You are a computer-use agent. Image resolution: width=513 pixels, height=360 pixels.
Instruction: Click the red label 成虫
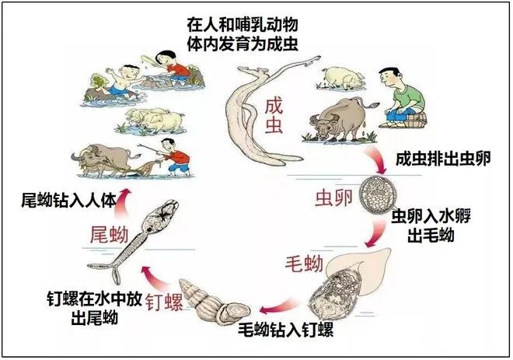pyautogui.click(x=274, y=116)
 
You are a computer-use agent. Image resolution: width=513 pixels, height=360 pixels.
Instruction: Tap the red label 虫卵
pyautogui.click(x=333, y=198)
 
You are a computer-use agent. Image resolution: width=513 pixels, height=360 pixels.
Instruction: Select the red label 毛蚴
pyautogui.click(x=304, y=264)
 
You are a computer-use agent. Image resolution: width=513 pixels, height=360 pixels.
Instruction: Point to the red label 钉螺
pyautogui.click(x=164, y=302)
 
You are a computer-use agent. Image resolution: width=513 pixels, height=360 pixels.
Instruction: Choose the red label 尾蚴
pyautogui.click(x=109, y=235)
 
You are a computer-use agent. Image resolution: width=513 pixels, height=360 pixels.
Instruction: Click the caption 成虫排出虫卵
pyautogui.click(x=443, y=159)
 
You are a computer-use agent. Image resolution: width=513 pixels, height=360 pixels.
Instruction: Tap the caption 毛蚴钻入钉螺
pyautogui.click(x=285, y=330)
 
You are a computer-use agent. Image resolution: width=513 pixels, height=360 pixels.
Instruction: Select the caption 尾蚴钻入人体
pyautogui.click(x=68, y=201)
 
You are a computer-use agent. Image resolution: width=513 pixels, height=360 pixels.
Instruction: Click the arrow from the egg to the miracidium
pyautogui.click(x=375, y=234)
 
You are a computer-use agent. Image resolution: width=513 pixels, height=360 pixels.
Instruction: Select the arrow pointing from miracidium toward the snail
pyautogui.click(x=279, y=306)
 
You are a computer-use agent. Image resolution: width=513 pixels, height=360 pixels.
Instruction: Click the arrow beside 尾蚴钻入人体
pyautogui.click(x=123, y=204)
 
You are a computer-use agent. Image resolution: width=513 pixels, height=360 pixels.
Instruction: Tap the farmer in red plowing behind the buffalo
pyautogui.click(x=174, y=157)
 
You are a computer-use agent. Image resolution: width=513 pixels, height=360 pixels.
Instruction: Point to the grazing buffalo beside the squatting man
pyautogui.click(x=341, y=120)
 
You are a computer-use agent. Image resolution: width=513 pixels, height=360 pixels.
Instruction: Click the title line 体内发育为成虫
pyautogui.click(x=243, y=44)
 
